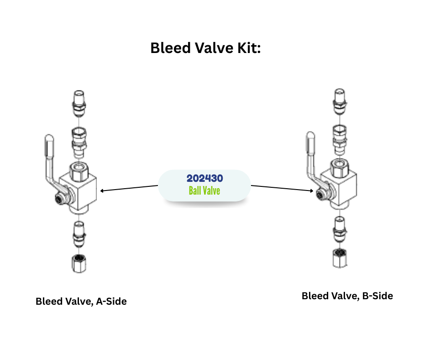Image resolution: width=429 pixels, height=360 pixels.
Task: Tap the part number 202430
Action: point(204,179)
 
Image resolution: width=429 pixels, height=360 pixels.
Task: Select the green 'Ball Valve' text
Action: point(204,190)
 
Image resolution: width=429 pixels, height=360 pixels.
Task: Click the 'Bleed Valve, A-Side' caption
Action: point(81,302)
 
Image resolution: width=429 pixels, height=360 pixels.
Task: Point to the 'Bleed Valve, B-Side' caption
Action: point(347,296)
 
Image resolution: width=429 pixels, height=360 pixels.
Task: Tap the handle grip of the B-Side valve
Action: point(311,145)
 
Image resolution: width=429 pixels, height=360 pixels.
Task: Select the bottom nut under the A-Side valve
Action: point(78,263)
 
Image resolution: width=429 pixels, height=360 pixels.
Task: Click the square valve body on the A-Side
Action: point(84,190)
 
